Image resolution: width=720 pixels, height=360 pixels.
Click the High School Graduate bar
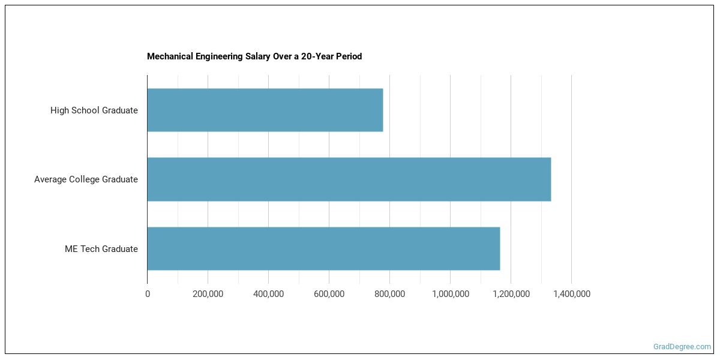click(265, 110)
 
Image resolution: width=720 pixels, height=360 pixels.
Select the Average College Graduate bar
click(349, 179)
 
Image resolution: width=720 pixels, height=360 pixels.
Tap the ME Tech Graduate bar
click(323, 248)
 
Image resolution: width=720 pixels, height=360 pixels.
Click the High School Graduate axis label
click(94, 110)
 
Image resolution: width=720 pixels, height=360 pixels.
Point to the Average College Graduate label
click(86, 179)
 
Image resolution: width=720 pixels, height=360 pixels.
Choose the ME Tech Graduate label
click(101, 249)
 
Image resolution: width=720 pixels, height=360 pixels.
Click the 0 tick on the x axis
click(148, 294)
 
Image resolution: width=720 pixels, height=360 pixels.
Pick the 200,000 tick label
click(208, 294)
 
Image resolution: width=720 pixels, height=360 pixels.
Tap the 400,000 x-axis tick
click(268, 294)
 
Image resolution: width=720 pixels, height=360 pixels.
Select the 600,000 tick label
click(329, 294)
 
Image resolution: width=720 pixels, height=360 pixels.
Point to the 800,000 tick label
click(389, 294)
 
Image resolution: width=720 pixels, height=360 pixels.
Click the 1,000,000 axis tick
click(450, 294)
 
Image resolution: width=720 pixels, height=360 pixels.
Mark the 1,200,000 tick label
click(511, 294)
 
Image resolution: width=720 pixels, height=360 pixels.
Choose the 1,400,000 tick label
click(571, 294)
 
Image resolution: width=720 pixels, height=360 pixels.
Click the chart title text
click(254, 56)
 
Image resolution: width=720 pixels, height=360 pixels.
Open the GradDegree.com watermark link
click(682, 347)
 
